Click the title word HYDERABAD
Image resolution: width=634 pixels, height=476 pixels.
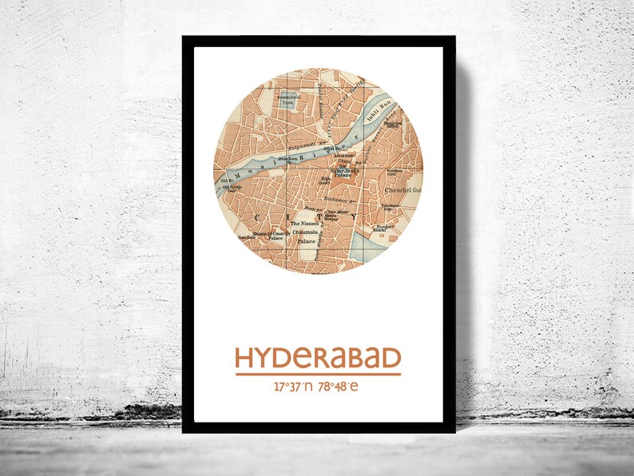tap(318, 358)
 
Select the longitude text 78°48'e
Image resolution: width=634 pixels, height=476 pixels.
tap(339, 387)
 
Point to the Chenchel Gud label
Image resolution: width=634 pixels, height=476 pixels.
tap(400, 190)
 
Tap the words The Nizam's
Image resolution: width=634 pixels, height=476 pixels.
tap(303, 224)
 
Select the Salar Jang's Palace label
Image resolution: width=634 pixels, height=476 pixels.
tap(347, 172)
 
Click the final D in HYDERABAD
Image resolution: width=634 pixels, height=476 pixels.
tap(390, 358)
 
